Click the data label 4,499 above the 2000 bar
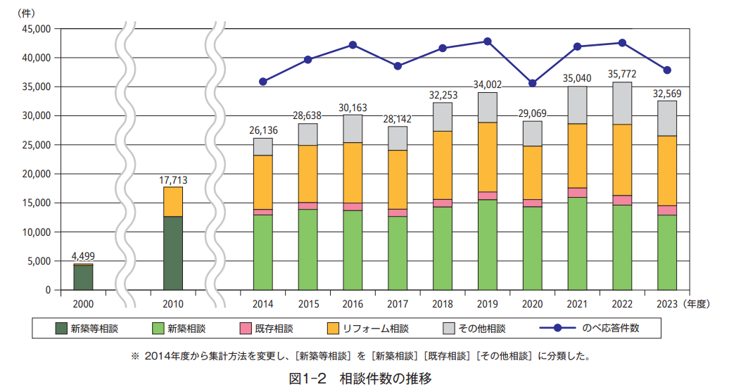pos(83,256)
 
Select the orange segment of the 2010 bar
pos(173,201)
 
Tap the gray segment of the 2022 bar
pos(623,103)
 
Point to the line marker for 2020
pos(533,83)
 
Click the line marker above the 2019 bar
pos(488,42)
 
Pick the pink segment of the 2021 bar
pos(578,193)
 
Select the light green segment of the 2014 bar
pos(263,252)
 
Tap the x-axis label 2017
pos(398,304)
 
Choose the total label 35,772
pos(623,74)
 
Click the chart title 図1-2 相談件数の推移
pos(360,378)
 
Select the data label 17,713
pos(173,179)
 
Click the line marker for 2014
pos(263,82)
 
